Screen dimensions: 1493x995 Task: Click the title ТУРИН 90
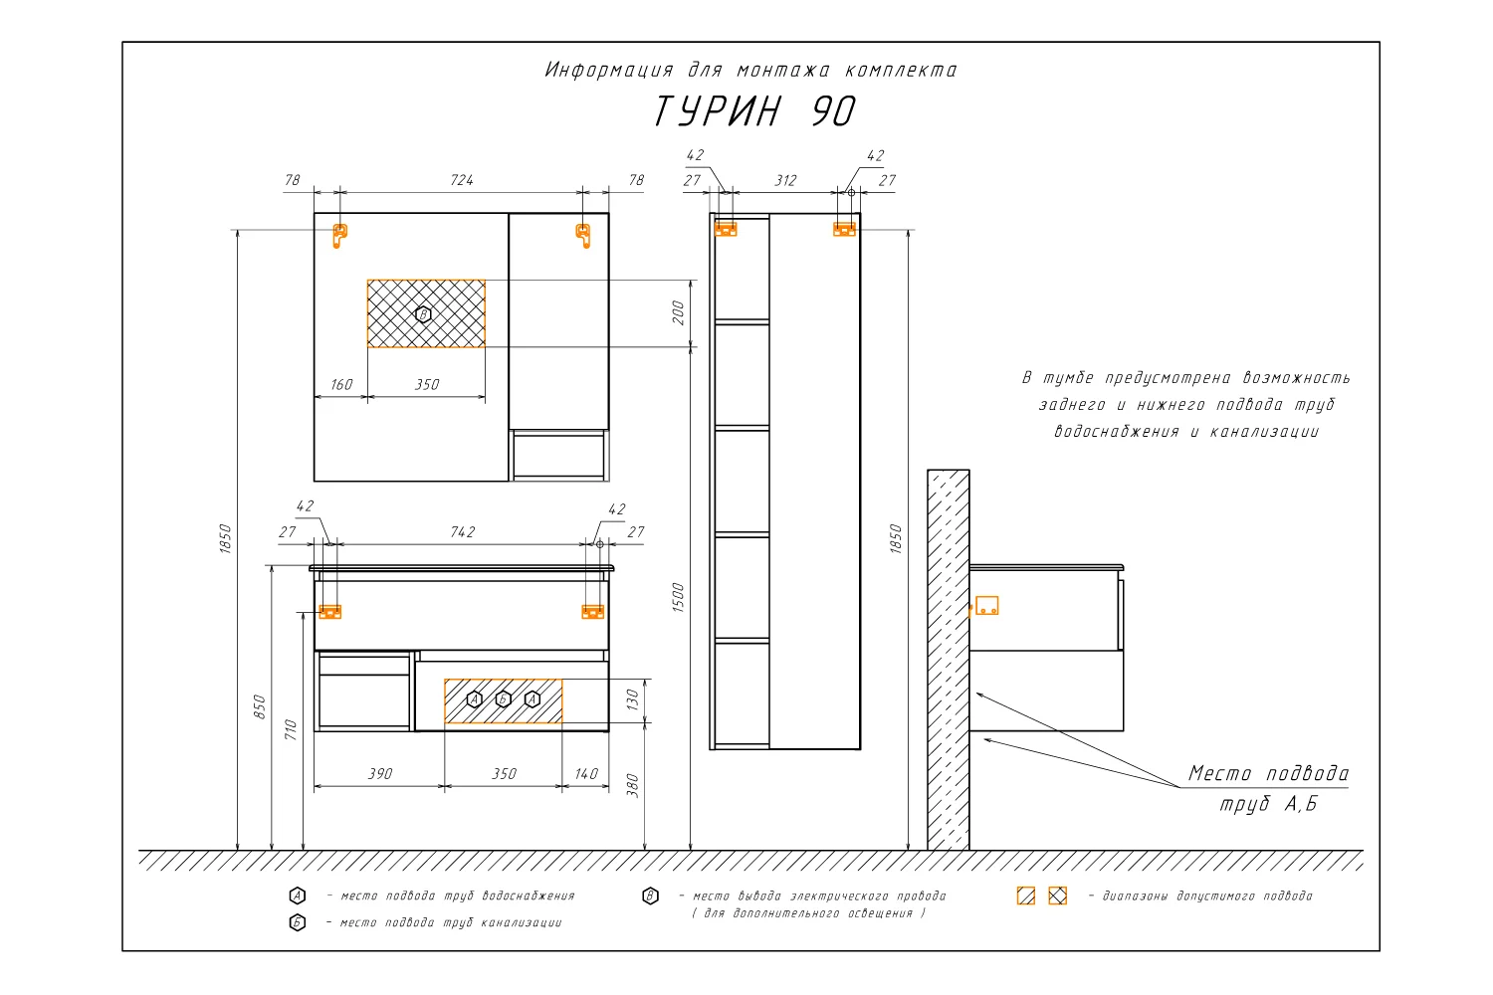753,110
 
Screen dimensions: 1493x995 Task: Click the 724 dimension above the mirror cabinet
462,180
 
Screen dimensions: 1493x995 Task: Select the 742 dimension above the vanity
463,531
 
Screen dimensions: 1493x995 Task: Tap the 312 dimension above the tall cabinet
785,181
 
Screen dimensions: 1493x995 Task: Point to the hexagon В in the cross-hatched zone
423,314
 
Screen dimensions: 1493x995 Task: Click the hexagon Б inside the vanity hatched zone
504,699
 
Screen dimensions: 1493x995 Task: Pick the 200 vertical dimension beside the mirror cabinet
679,312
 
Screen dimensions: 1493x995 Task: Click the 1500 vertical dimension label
678,597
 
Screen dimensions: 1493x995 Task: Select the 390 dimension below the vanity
380,774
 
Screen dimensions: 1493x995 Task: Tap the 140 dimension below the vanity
586,774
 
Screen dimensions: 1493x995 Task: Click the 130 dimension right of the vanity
633,699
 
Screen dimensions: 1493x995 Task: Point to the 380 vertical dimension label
632,786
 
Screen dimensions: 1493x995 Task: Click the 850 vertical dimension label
260,707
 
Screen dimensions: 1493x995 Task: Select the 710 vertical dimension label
291,729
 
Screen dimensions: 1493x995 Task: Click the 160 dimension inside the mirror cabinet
341,384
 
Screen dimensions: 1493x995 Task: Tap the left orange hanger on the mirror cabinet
340,236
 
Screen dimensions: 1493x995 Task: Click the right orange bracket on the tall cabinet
844,229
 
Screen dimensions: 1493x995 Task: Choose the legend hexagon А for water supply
298,895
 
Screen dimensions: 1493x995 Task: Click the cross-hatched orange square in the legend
1058,895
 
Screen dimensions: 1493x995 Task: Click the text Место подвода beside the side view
1268,774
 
